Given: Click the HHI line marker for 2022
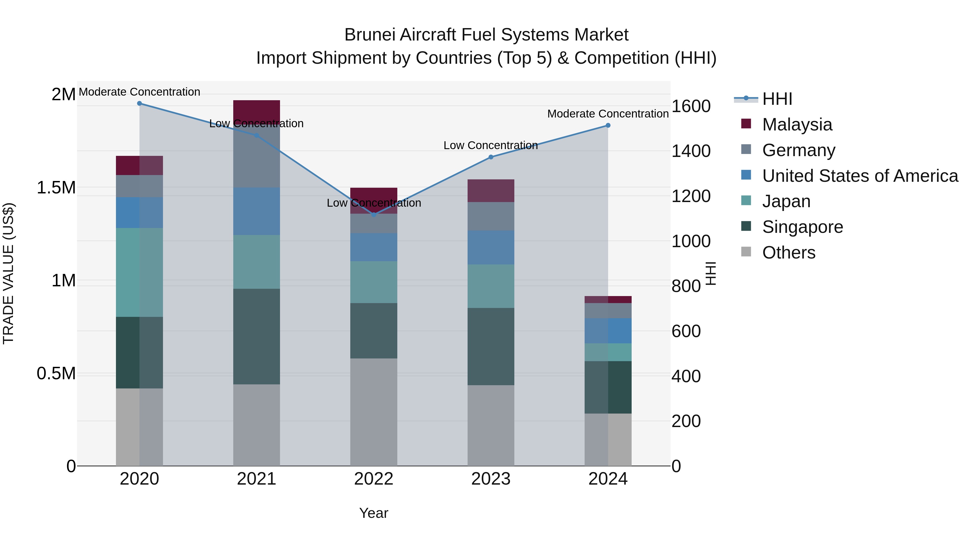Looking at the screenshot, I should click(x=374, y=215).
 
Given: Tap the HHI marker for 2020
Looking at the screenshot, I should click(x=139, y=103).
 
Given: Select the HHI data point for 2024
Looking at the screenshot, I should click(x=608, y=125).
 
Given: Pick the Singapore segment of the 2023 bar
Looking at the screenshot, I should click(x=491, y=346).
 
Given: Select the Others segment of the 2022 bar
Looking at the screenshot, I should click(x=374, y=411).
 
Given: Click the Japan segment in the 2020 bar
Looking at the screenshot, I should click(x=139, y=272).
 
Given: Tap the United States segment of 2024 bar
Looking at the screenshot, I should click(x=608, y=331).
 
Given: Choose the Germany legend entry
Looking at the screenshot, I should click(x=798, y=150).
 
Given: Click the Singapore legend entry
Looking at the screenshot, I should click(x=802, y=227).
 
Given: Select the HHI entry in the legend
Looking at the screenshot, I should click(x=777, y=99).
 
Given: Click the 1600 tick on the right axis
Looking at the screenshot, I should click(x=691, y=106).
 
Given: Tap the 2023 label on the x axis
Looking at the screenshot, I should click(x=491, y=479).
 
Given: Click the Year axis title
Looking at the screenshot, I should click(x=374, y=513).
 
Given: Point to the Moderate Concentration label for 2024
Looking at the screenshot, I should click(x=608, y=114).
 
